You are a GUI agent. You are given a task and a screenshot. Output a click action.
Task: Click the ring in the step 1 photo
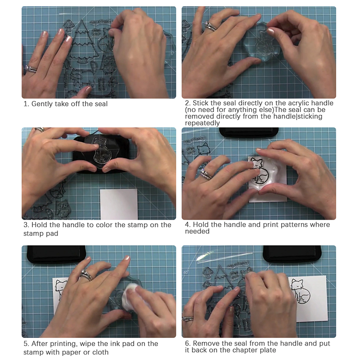pyautogui.click(x=31, y=69)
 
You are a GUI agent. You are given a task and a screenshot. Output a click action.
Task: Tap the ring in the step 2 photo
pyautogui.click(x=210, y=26)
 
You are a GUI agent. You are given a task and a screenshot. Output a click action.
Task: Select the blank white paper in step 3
pyautogui.click(x=119, y=204)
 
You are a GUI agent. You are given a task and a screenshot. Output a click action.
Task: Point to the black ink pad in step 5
pyautogui.click(x=57, y=254)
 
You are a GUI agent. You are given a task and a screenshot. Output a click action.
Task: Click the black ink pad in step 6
pyautogui.click(x=292, y=253)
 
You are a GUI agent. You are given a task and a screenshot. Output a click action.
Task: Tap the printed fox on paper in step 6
pyautogui.click(x=301, y=292)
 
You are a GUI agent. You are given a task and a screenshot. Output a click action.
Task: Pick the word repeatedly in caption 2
pyautogui.click(x=202, y=123)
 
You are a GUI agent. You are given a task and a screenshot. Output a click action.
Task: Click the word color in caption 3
pyautogui.click(x=104, y=225)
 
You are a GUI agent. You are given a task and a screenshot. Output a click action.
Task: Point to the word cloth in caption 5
pyautogui.click(x=100, y=352)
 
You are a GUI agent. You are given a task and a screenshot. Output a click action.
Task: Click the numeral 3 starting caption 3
pyautogui.click(x=26, y=225)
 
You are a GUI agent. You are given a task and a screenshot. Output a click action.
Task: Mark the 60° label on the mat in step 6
pyautogui.click(x=186, y=273)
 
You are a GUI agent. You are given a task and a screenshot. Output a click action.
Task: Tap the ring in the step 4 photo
pyautogui.click(x=206, y=174)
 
